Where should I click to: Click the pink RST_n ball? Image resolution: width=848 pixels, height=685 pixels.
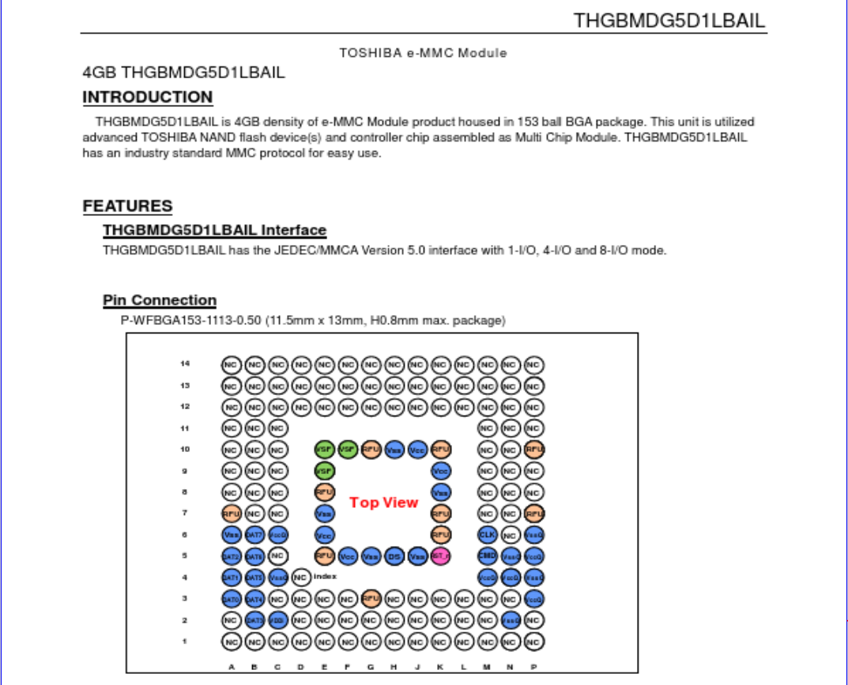coord(440,555)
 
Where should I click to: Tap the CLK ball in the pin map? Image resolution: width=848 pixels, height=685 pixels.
coord(487,534)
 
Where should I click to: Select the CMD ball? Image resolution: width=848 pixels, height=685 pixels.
coord(487,555)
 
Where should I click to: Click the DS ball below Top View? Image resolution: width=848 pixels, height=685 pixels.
coord(394,555)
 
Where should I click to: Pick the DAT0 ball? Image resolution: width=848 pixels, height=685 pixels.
coord(231,599)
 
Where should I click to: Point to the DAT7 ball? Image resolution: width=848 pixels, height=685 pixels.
coord(254,534)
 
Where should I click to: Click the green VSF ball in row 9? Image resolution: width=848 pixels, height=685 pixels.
coord(324,470)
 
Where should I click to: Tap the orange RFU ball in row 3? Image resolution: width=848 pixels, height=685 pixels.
coord(371,599)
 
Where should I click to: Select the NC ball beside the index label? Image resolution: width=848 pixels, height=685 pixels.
coord(300,577)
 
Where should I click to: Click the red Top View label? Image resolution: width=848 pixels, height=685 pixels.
coord(383,502)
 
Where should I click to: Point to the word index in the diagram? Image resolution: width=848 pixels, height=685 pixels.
coord(325,577)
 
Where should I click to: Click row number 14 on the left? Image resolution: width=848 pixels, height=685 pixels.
coord(185,363)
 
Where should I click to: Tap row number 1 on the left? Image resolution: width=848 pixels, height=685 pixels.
coord(185,642)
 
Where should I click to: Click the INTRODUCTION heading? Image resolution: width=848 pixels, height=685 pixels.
coord(148,97)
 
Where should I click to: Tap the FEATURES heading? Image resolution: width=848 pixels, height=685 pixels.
coord(127,206)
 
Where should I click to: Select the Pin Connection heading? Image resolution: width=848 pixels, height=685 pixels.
coord(160,300)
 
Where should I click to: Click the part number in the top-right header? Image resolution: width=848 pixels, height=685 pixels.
coord(669,21)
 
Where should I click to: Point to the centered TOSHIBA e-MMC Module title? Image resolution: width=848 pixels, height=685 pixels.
coord(423,53)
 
